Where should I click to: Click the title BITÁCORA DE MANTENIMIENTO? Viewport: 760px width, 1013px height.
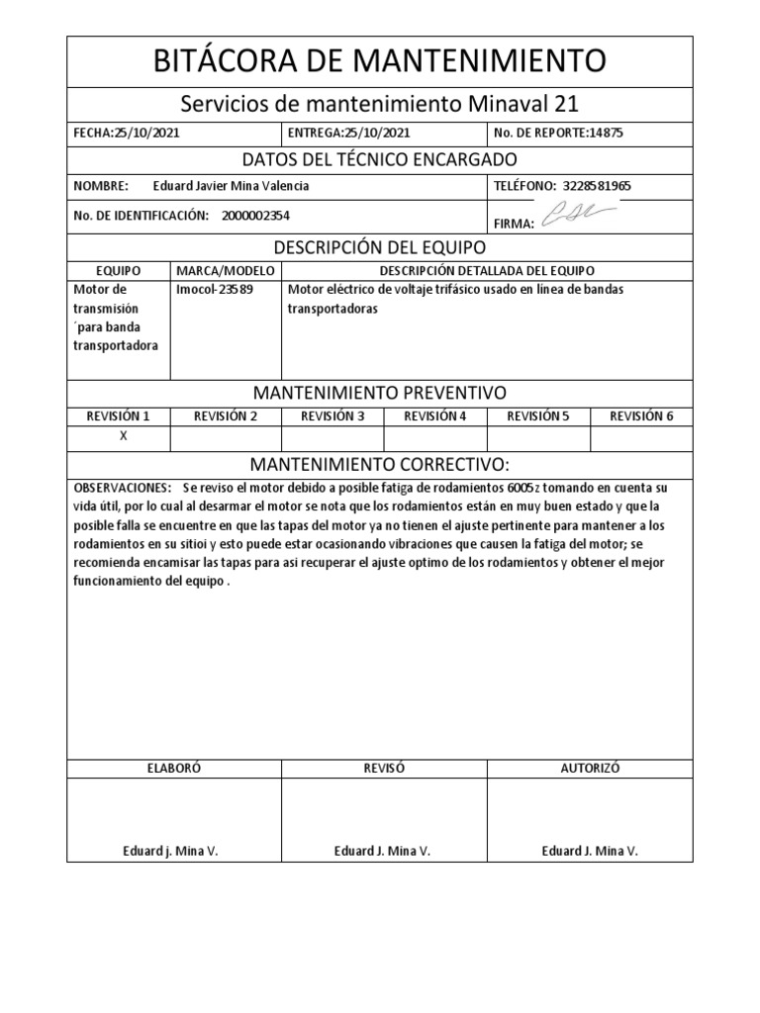[381, 61]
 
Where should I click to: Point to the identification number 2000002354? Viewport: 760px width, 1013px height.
[256, 216]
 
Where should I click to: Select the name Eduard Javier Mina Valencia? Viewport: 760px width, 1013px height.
[232, 185]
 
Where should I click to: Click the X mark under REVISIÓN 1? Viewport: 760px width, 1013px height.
[123, 436]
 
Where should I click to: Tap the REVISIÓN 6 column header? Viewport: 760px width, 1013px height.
[641, 415]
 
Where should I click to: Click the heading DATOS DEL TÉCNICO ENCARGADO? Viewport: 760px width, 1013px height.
[380, 159]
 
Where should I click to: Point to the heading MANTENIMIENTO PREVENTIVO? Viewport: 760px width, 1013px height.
[380, 393]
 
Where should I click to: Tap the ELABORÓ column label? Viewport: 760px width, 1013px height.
[174, 768]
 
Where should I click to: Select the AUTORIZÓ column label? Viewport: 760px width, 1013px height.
[590, 768]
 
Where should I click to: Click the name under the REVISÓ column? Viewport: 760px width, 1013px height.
[382, 851]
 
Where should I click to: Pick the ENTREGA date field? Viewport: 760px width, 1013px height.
[348, 132]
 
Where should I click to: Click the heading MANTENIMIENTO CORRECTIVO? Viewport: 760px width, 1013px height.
[380, 464]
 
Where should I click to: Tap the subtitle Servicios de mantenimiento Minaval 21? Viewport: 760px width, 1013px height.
[381, 103]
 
